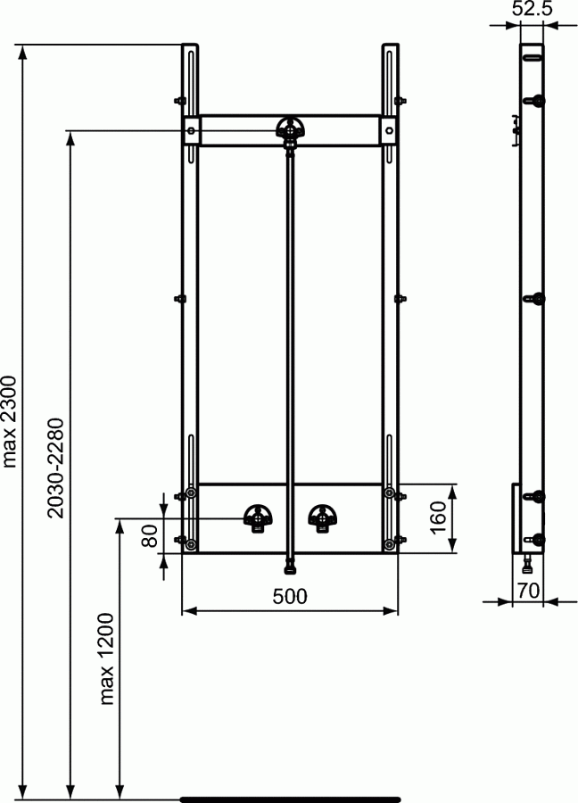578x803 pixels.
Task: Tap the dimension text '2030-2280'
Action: (55, 468)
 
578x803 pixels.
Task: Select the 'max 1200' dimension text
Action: (106, 658)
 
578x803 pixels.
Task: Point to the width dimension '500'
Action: (290, 596)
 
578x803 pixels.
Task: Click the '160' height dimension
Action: (438, 517)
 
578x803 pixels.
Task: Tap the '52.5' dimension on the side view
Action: (532, 9)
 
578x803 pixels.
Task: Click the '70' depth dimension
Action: (528, 591)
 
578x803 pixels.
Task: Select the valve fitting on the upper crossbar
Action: (290, 129)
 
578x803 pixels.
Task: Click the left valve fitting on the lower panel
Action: (258, 518)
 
